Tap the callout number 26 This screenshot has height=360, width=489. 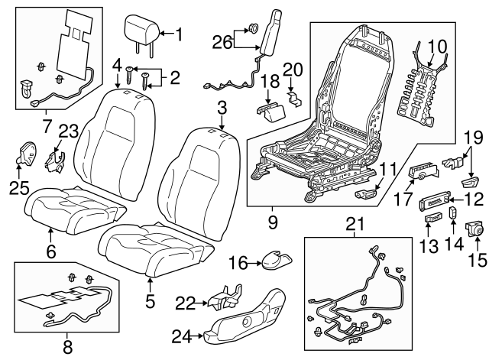click(x=222, y=43)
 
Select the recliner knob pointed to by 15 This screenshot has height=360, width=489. click(x=474, y=229)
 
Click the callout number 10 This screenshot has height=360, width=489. click(x=437, y=46)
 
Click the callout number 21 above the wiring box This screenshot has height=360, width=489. click(x=355, y=224)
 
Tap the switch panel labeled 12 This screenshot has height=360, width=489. click(x=434, y=203)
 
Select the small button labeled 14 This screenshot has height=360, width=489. click(x=453, y=212)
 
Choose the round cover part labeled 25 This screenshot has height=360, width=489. click(x=25, y=153)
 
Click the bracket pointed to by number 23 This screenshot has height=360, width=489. click(x=55, y=161)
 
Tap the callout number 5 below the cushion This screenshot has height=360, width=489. click(x=150, y=301)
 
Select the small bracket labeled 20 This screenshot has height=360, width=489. click(x=295, y=99)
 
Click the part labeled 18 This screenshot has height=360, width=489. click(x=270, y=111)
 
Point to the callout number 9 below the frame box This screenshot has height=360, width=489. click(x=272, y=222)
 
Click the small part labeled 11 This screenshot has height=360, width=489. click(x=367, y=194)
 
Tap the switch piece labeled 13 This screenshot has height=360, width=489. click(x=433, y=217)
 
